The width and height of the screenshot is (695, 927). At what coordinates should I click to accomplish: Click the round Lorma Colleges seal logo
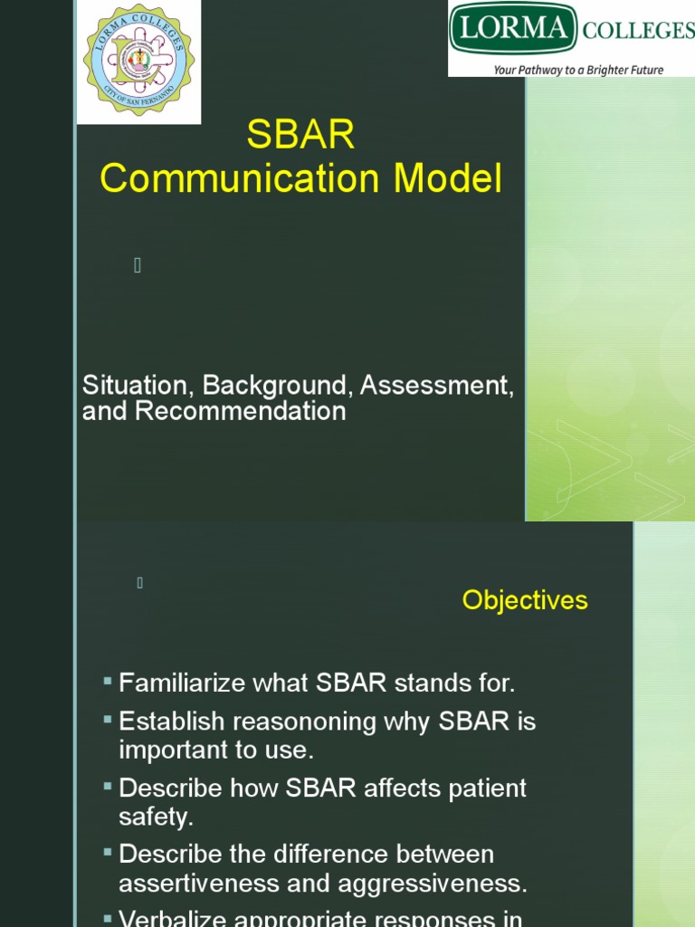point(138,61)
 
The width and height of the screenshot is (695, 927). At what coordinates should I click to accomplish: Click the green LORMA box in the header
point(513,29)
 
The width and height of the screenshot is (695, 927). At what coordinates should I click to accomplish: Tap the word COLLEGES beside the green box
point(638,31)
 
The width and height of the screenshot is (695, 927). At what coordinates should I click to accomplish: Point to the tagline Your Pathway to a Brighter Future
point(577,70)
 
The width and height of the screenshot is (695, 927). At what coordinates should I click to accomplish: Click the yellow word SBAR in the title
point(300,137)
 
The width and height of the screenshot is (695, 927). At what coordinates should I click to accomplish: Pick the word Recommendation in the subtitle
point(240,411)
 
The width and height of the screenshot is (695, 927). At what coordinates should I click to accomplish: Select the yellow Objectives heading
point(525,600)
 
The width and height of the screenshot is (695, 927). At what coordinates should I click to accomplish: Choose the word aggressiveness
point(437,883)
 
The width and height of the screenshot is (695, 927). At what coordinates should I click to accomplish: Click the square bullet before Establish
point(108,719)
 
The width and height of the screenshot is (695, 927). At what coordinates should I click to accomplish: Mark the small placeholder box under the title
point(138,265)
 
